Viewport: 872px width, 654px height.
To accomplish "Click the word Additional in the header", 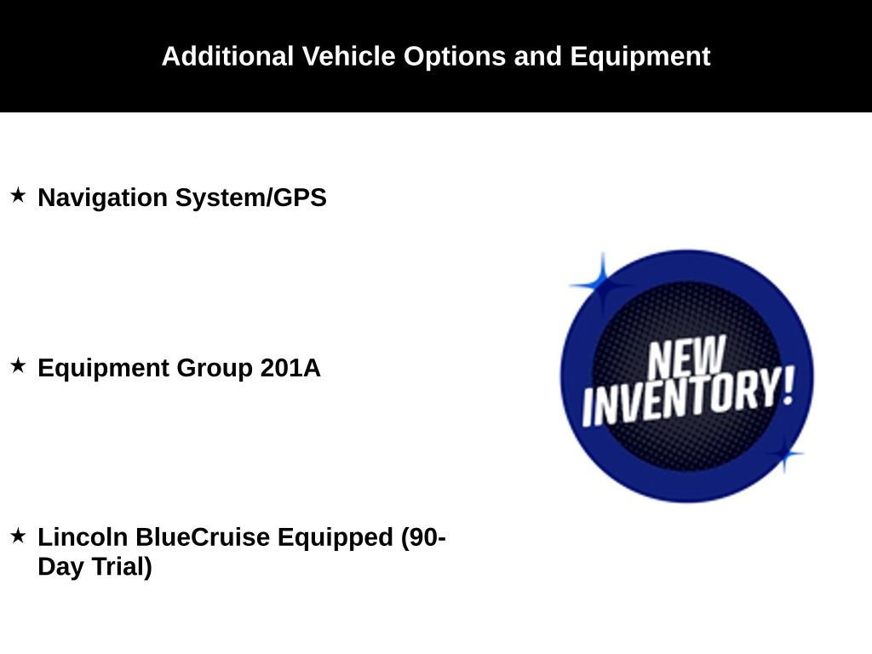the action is tap(227, 56).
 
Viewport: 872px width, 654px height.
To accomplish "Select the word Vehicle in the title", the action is tap(348, 56).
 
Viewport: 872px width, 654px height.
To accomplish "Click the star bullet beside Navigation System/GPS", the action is tap(18, 195).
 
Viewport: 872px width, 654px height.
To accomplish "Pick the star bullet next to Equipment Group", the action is tap(18, 365).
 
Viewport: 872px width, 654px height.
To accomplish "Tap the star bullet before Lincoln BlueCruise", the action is tap(18, 536).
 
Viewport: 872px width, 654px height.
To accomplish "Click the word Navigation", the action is tap(102, 198).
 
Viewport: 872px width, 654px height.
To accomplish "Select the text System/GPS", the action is tap(251, 198).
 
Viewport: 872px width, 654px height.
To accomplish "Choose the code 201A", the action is tap(290, 368).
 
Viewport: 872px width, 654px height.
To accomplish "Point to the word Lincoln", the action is tap(83, 537).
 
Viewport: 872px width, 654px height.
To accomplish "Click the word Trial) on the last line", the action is tap(122, 567).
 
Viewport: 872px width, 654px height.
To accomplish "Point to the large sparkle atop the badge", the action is tap(602, 284).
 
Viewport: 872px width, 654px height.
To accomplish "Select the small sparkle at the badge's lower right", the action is tap(784, 454).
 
